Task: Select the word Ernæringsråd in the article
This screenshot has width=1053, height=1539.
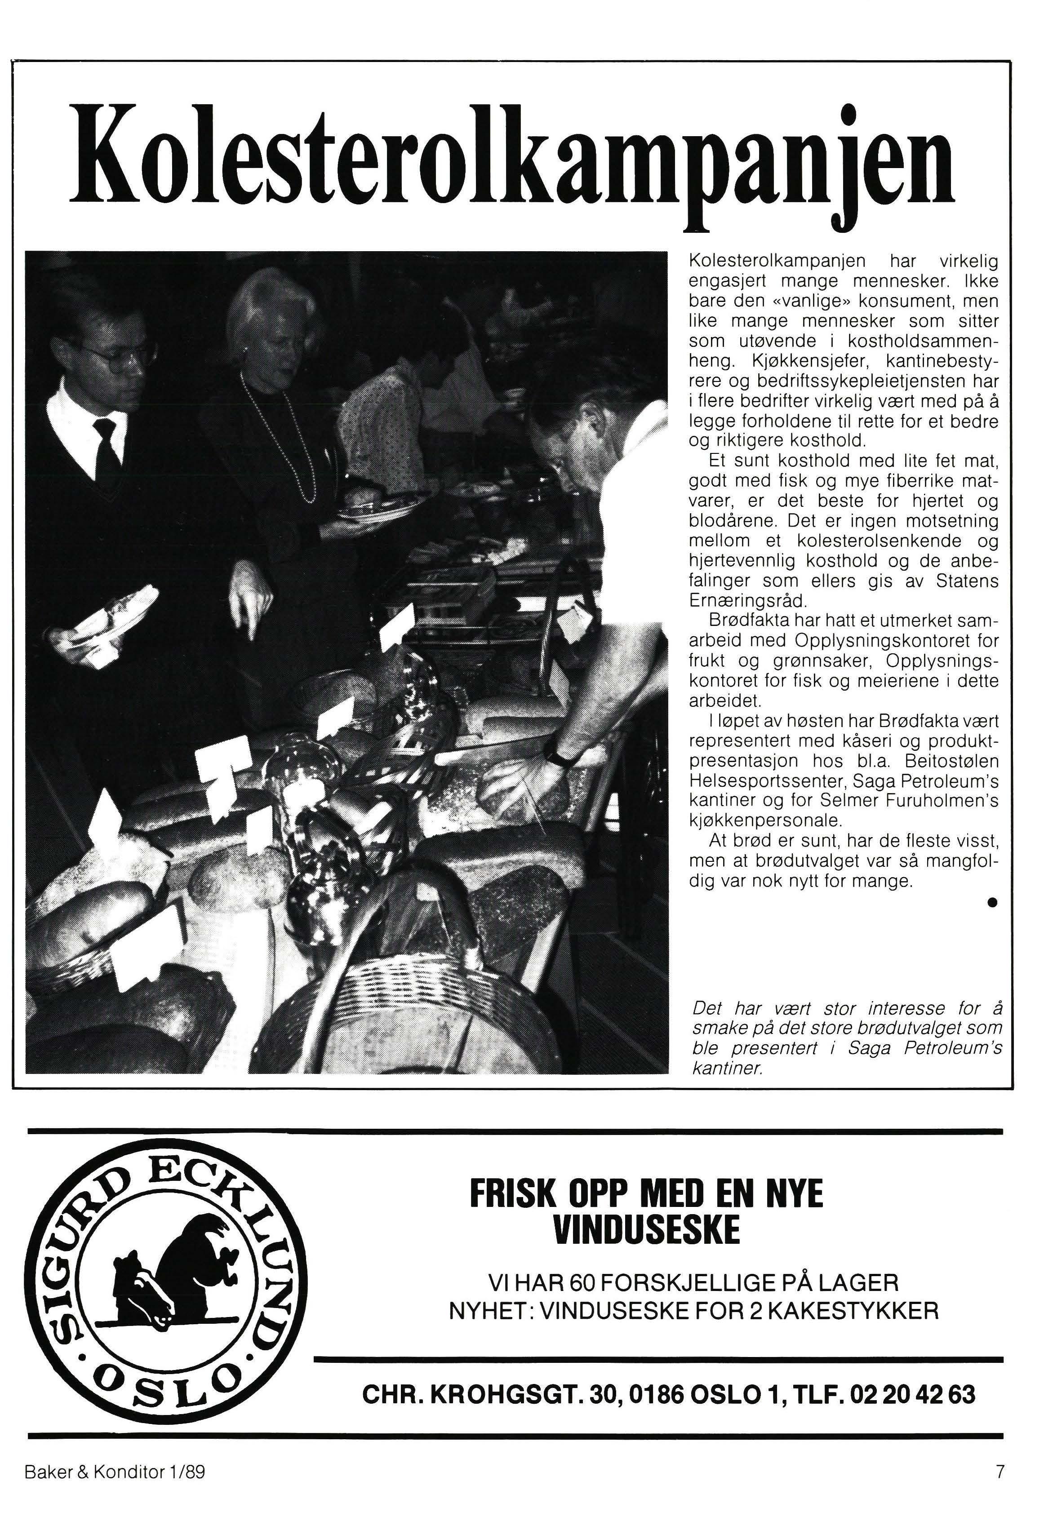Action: [x=747, y=601]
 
